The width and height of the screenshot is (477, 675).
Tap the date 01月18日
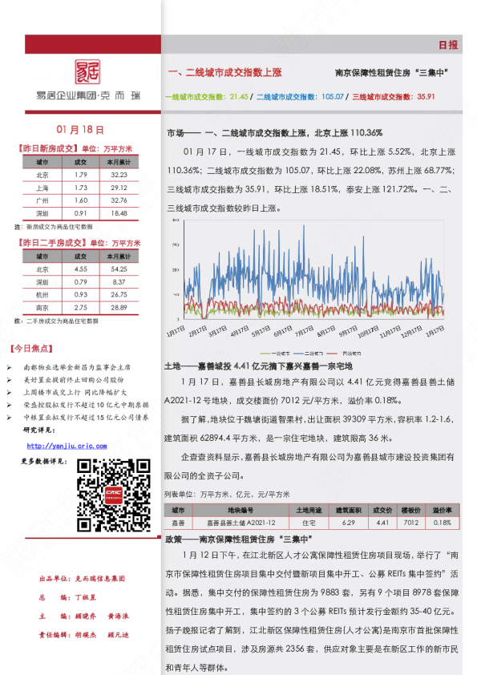[x=81, y=129]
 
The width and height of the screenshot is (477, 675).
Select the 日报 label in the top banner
[x=448, y=46]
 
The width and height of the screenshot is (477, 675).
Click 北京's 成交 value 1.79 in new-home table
[x=80, y=174]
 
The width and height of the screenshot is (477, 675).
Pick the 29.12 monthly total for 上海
[x=119, y=187]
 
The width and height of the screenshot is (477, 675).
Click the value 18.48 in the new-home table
[x=119, y=213]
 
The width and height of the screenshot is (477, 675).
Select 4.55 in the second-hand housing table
[x=80, y=269]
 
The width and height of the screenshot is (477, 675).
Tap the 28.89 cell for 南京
[x=119, y=308]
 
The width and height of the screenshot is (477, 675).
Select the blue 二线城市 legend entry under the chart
[x=313, y=353]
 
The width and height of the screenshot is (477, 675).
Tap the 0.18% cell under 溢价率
[x=442, y=523]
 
